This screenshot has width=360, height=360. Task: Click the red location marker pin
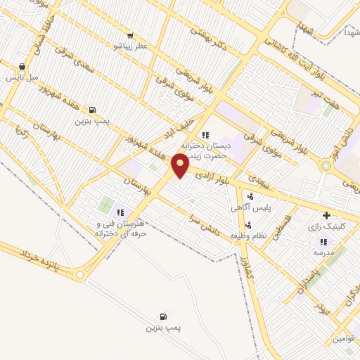pyautogui.click(x=181, y=166)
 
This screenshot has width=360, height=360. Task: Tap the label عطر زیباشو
pyautogui.click(x=131, y=46)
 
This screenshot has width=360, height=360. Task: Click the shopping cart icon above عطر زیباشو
pyautogui.click(x=130, y=35)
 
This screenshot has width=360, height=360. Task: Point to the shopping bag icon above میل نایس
pyautogui.click(x=22, y=67)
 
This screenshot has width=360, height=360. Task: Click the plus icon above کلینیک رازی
pyautogui.click(x=326, y=216)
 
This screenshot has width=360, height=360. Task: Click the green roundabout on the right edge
pyautogui.click(x=326, y=167)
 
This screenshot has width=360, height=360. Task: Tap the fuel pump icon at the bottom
pyautogui.click(x=164, y=316)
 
